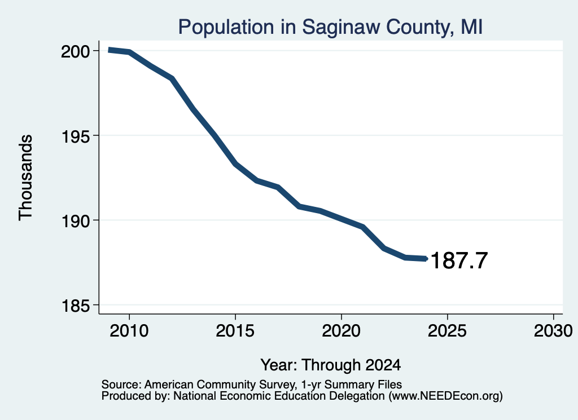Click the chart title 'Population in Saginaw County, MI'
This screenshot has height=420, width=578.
(330, 27)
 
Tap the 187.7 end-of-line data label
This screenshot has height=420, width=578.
(459, 260)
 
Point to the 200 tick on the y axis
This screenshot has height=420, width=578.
(75, 51)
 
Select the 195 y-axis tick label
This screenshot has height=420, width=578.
(75, 136)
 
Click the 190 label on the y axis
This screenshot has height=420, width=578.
(75, 220)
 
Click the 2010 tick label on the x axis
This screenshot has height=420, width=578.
(129, 330)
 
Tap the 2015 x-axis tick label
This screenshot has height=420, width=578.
(235, 330)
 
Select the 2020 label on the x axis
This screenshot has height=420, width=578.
(341, 330)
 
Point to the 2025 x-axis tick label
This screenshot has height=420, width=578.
(447, 330)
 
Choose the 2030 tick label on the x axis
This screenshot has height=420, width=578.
(553, 330)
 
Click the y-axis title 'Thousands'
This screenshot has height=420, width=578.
(26, 178)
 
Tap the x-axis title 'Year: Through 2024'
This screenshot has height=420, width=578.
(331, 365)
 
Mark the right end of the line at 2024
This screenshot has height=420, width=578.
(426, 259)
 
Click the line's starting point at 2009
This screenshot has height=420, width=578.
(109, 50)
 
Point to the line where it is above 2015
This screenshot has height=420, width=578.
(235, 164)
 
